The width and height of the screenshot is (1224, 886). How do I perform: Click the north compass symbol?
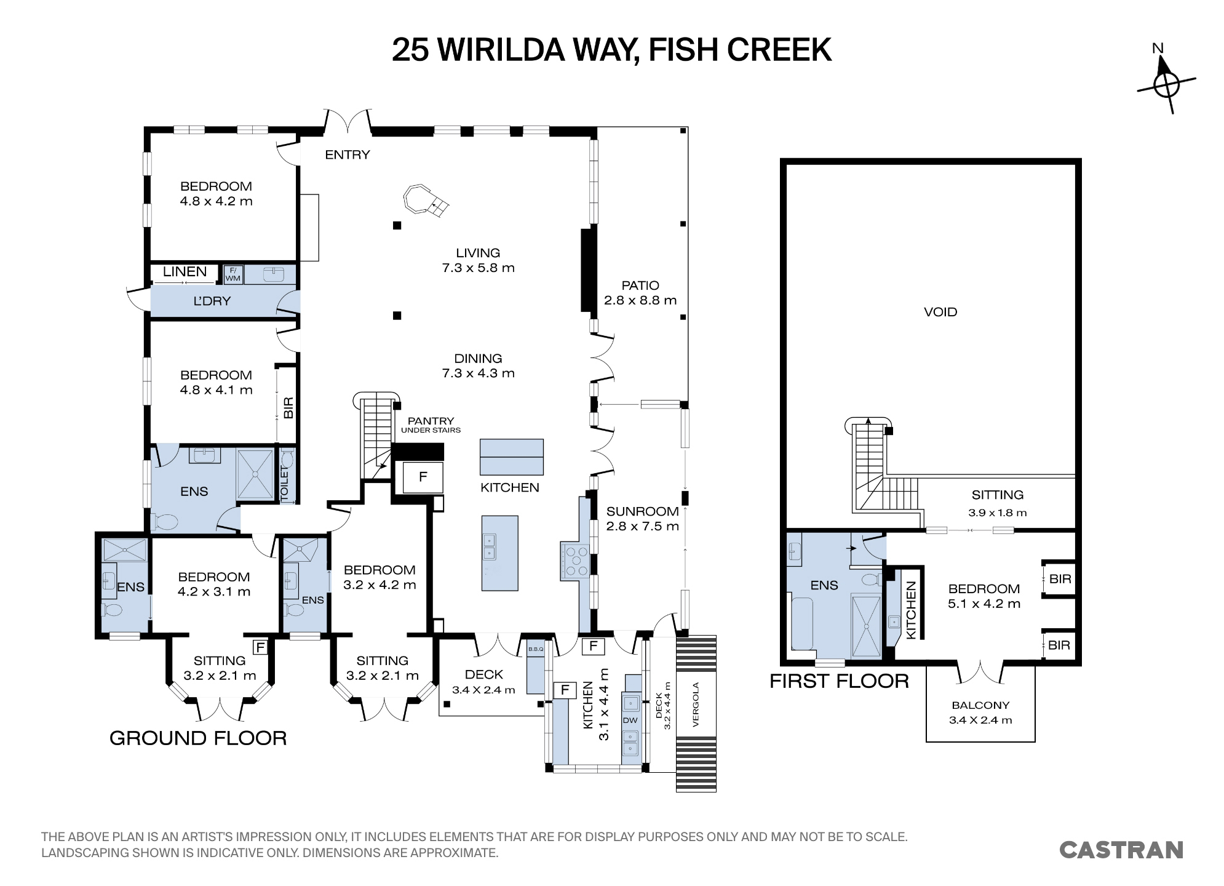(x=1166, y=83)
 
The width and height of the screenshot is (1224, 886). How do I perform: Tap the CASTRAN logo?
(x=1121, y=850)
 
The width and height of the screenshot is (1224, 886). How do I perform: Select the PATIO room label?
(x=640, y=285)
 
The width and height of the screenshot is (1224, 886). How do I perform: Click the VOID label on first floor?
(x=940, y=312)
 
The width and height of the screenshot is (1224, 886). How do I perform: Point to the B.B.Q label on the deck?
(x=536, y=649)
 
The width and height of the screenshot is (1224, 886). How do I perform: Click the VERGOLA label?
(x=696, y=704)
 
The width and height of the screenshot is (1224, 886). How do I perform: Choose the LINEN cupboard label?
(x=185, y=271)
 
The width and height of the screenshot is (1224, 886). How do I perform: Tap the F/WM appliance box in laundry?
(x=233, y=274)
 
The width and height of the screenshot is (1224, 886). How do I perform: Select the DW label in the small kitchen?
(x=630, y=720)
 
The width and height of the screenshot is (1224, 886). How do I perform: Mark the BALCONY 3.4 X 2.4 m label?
(x=980, y=712)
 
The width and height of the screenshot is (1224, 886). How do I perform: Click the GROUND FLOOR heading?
(x=198, y=738)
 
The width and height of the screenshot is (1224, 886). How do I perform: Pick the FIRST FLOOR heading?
(x=839, y=681)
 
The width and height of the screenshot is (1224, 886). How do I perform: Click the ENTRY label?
(x=348, y=155)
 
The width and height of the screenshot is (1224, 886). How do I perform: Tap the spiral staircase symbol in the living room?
(x=425, y=200)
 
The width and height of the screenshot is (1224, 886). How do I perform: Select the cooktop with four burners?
(x=576, y=561)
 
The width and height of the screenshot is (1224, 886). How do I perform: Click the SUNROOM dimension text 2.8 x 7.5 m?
(x=643, y=526)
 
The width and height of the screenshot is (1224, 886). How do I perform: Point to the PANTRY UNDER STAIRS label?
(x=431, y=425)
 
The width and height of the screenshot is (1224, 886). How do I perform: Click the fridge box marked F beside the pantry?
(x=423, y=477)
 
